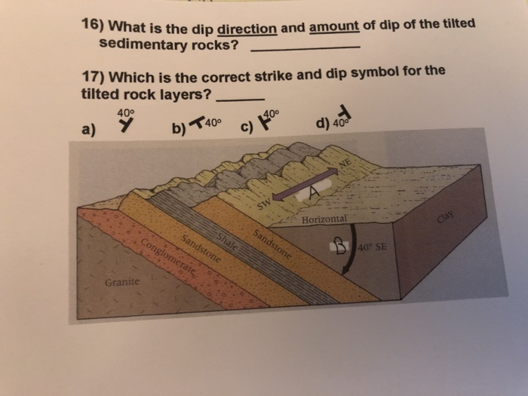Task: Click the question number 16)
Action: (94, 28)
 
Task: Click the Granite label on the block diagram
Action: (120, 283)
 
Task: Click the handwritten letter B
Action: (339, 246)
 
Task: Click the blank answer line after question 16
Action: (304, 48)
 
